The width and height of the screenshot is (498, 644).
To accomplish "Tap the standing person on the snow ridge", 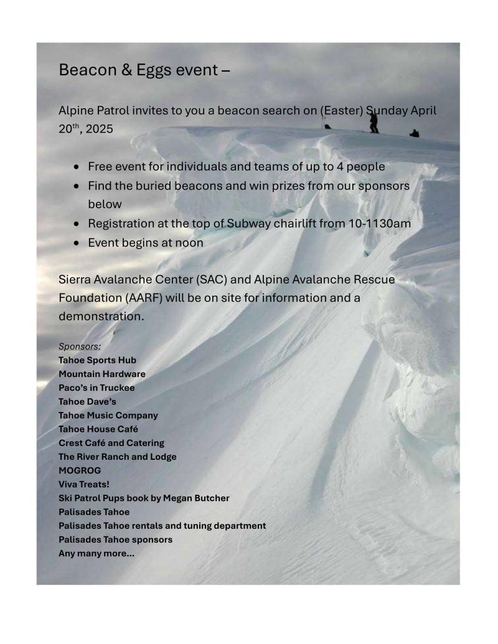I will (374, 122).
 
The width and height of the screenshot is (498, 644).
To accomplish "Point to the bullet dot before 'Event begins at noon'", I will (76, 243).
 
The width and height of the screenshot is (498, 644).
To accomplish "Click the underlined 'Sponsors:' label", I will (80, 346).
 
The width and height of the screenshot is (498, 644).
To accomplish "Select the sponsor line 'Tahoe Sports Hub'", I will (97, 360).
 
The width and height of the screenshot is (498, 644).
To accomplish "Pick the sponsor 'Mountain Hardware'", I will (102, 374).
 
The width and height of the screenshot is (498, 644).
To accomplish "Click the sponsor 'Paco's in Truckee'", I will (96, 388).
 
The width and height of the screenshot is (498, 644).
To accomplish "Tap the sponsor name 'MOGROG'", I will (80, 470).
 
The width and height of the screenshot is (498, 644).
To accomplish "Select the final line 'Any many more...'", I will (96, 553).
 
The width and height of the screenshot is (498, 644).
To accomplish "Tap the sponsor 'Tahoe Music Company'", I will (108, 415).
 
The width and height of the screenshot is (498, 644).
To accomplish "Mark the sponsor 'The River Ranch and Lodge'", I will (118, 457).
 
